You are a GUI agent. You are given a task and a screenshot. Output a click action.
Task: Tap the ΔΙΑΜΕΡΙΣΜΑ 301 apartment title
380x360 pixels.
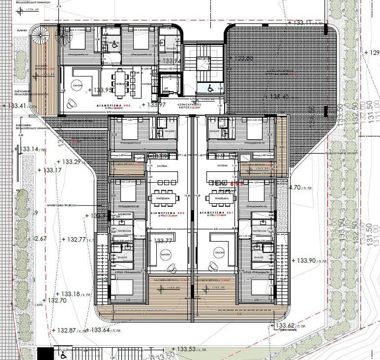pos(214,212)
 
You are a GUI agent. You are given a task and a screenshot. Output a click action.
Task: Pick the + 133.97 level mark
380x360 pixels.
pos(152,105)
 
